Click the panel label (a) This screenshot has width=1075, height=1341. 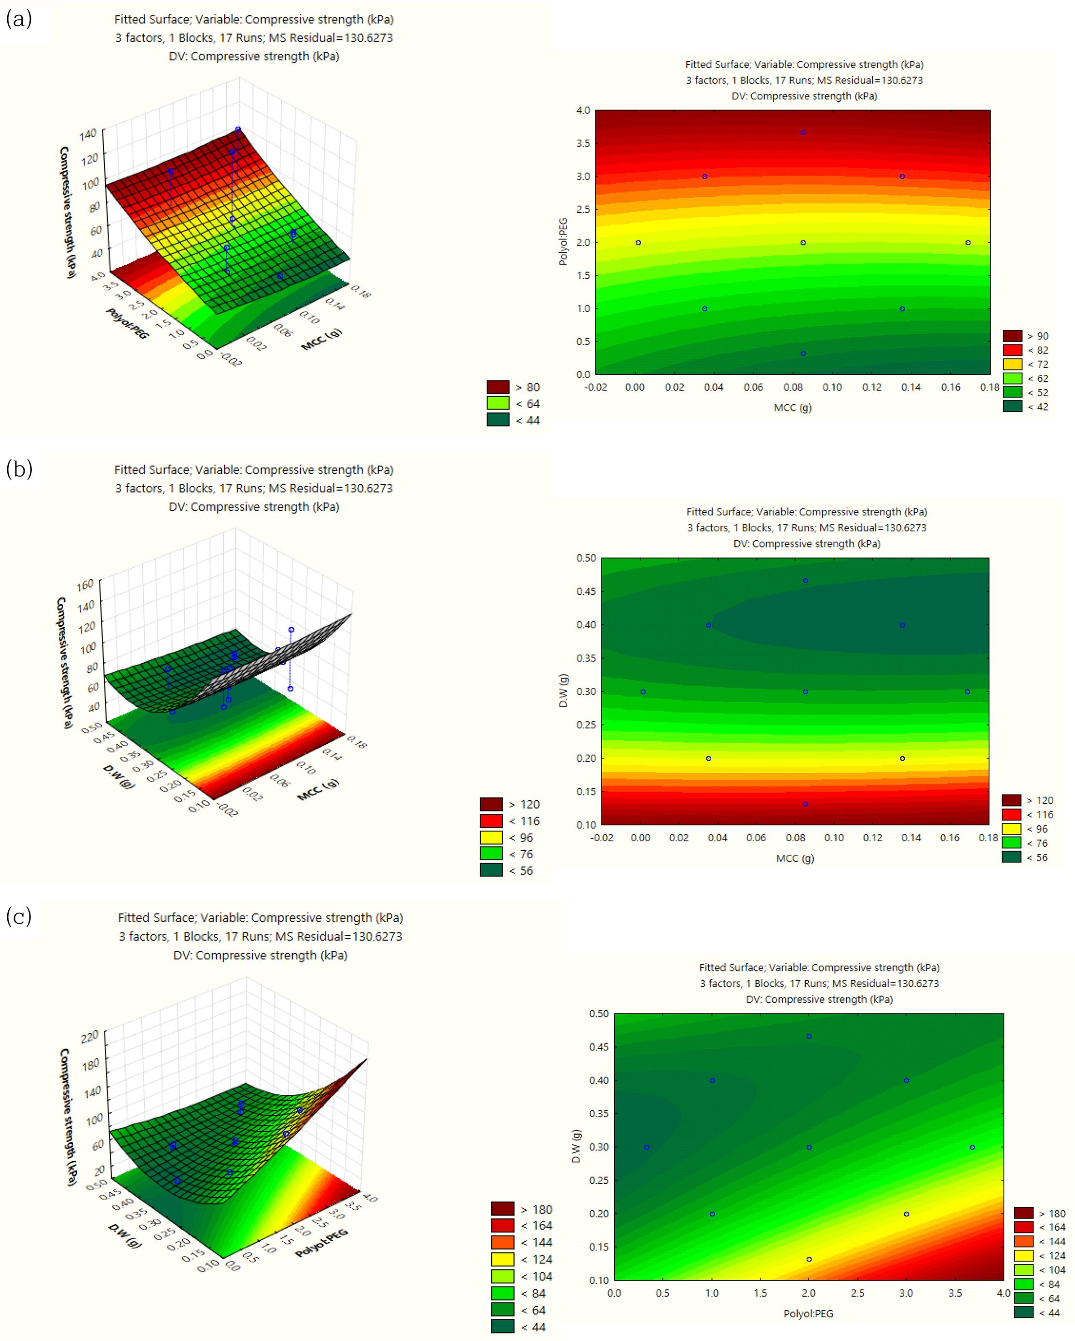point(19,19)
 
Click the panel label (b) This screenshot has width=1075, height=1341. point(19,468)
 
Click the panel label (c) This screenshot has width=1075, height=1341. point(19,916)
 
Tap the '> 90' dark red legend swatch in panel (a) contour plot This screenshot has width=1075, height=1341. point(1012,336)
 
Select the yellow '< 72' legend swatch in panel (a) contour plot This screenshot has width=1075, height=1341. point(1012,365)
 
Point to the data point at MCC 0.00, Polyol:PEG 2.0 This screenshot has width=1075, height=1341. point(638,243)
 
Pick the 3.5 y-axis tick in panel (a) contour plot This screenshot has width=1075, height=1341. point(583,143)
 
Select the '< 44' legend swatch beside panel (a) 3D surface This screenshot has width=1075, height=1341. point(497,421)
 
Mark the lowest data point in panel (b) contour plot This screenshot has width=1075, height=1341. point(805,804)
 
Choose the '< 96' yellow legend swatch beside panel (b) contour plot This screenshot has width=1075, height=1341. point(1011,829)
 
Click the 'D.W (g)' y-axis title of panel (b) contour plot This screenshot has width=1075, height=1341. point(563,690)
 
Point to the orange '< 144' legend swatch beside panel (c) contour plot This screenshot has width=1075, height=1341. point(1023,1242)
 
